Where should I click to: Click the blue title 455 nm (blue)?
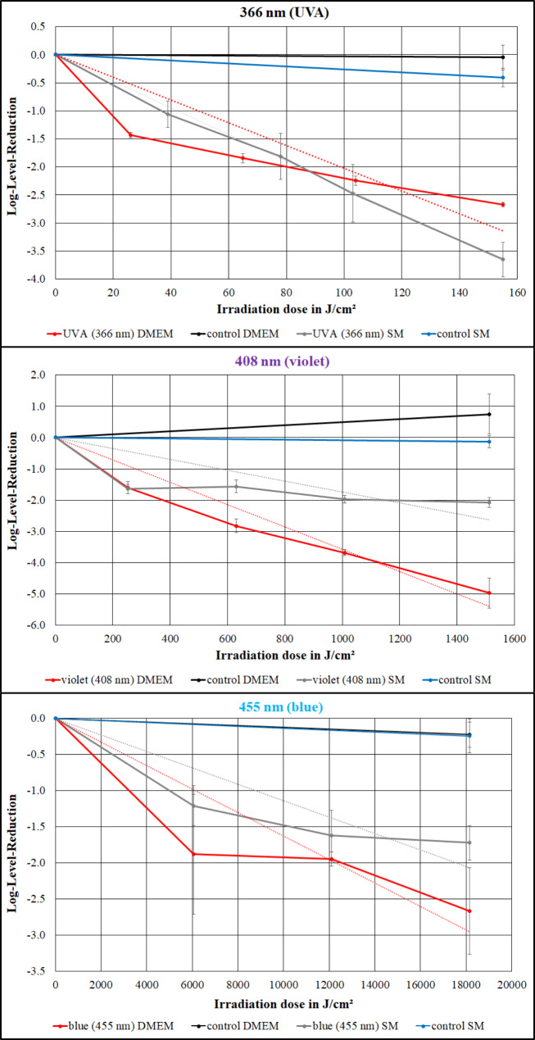[268, 705]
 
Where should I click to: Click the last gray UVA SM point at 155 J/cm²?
[502, 259]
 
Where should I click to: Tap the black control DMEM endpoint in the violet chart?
[489, 414]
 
